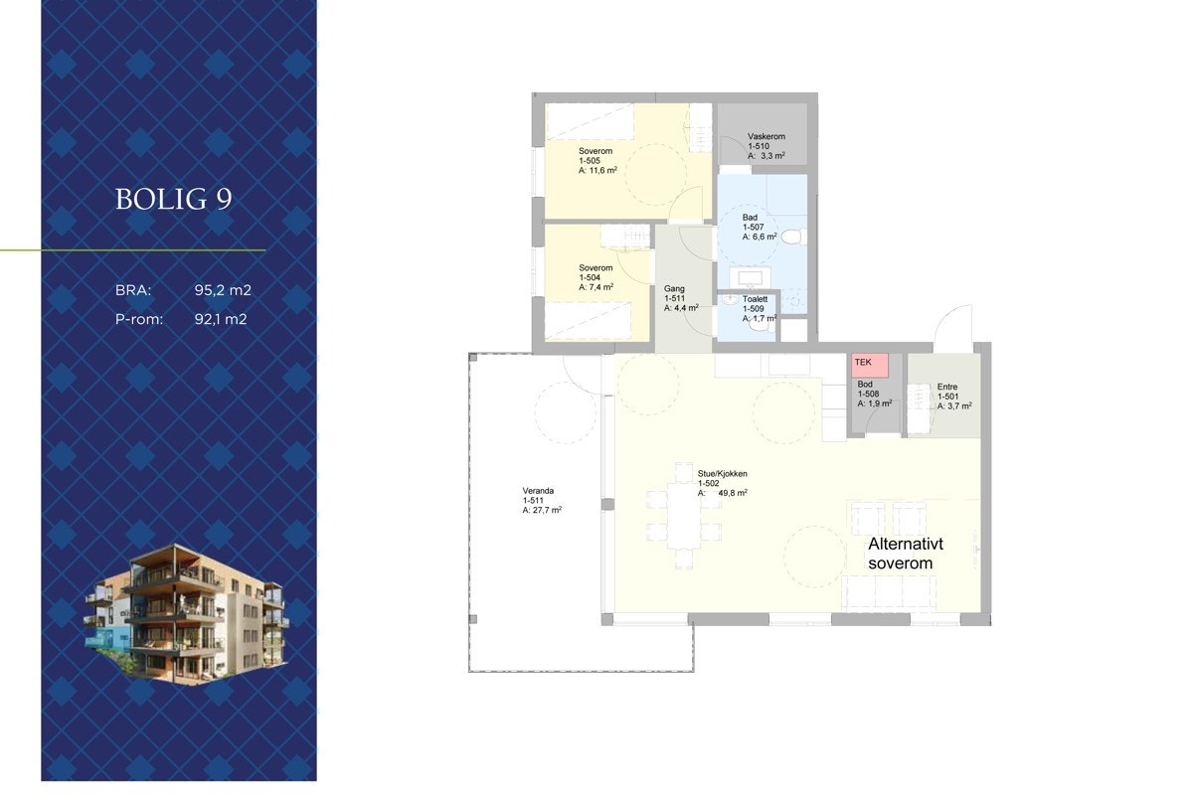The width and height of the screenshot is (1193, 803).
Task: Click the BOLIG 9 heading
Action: click(173, 199)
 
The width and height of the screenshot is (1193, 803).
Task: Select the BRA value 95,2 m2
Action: click(223, 291)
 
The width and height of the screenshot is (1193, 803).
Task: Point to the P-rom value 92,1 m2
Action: click(221, 320)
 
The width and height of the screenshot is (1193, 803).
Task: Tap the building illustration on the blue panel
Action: click(187, 614)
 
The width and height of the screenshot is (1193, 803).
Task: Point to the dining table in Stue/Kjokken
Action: click(683, 513)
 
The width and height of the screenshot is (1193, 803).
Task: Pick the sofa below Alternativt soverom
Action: click(890, 593)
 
